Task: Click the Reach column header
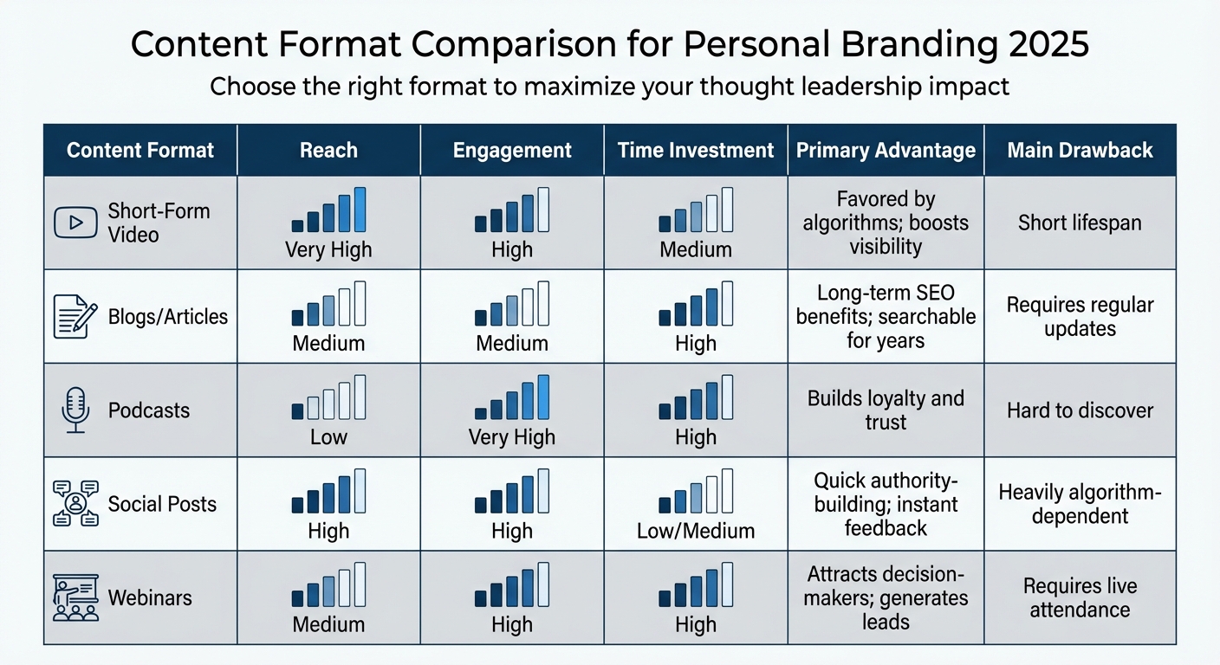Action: click(328, 150)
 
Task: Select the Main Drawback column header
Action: click(1080, 150)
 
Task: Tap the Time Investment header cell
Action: click(695, 150)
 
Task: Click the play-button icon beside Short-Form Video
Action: click(75, 223)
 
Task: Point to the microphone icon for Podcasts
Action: click(75, 410)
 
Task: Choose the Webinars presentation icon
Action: click(75, 597)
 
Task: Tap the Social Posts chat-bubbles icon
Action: click(75, 504)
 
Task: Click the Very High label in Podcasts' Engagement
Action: click(511, 437)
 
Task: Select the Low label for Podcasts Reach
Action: click(328, 437)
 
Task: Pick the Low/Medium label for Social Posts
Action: click(695, 531)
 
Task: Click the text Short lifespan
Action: click(1080, 223)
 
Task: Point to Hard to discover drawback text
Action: click(1080, 410)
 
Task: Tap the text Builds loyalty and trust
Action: click(886, 410)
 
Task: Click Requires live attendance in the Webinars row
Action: click(1080, 597)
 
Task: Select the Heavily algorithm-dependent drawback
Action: click(1080, 504)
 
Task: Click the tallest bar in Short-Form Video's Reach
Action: click(360, 210)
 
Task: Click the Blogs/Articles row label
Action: click(168, 317)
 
